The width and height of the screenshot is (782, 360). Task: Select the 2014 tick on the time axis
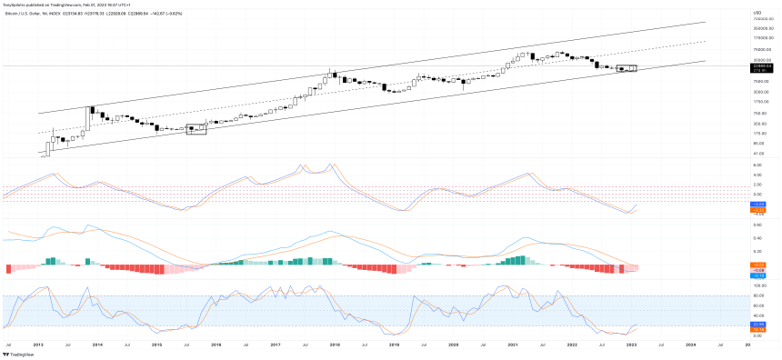coord(96,345)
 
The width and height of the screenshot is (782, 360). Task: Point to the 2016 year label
coord(216,345)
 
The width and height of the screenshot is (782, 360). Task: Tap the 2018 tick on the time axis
coord(334,345)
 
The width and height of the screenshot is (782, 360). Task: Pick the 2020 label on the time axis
coord(453,345)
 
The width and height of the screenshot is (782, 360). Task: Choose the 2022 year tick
coord(571,345)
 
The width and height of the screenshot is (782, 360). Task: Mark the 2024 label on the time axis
coord(690,345)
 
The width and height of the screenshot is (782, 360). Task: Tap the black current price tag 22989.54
coord(761,65)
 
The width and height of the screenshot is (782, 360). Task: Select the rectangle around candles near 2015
coord(196,129)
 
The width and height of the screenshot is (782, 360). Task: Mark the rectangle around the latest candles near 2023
coord(627,68)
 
